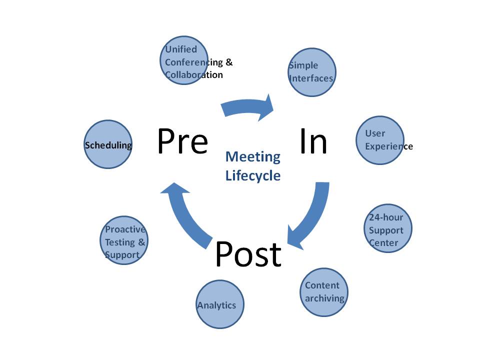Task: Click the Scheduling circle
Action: tap(107, 145)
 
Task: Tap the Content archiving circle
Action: tap(324, 292)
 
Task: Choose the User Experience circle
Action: tap(380, 140)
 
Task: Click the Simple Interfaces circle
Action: tap(311, 72)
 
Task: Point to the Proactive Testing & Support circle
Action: tap(124, 240)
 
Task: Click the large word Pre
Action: tap(182, 141)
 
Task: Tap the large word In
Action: tap(313, 141)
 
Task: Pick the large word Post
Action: tap(248, 254)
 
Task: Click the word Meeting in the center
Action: tap(252, 156)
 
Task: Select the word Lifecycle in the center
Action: tap(252, 175)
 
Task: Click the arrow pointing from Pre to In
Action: tap(248, 107)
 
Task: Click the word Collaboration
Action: tap(194, 74)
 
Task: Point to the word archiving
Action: tap(324, 298)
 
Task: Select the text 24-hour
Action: tap(386, 217)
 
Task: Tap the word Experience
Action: tap(388, 146)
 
